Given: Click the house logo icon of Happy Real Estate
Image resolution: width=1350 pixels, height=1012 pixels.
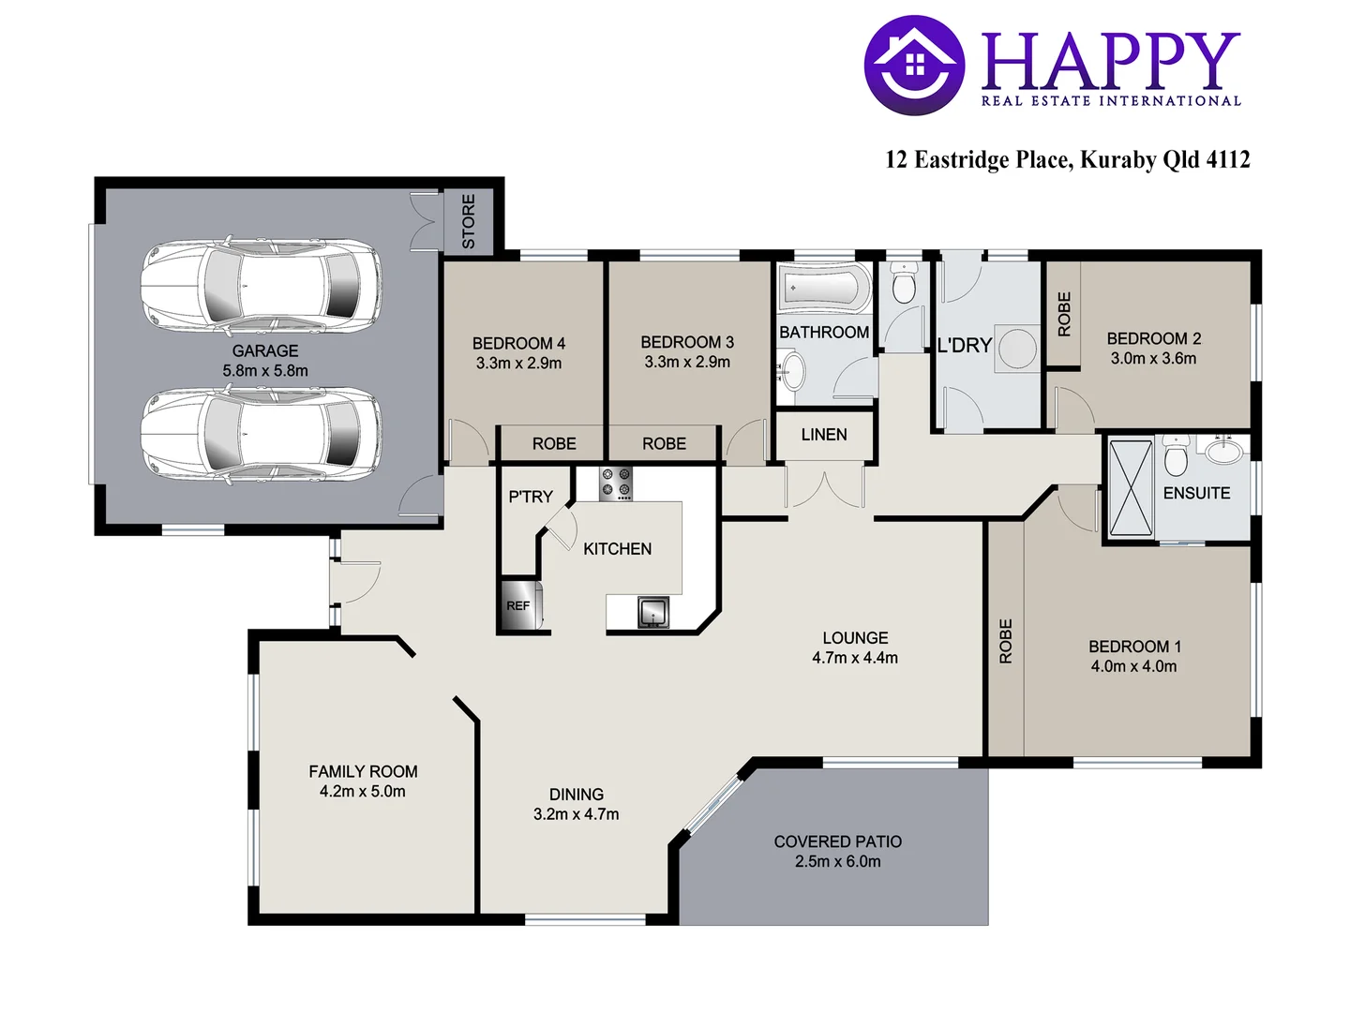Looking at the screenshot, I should tap(914, 65).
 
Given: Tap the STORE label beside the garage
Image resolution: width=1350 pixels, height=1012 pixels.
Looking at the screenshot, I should tap(469, 221).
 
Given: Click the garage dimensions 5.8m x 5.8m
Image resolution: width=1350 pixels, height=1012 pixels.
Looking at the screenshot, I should tap(265, 371).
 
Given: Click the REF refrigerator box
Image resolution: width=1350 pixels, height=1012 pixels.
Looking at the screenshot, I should tap(518, 606).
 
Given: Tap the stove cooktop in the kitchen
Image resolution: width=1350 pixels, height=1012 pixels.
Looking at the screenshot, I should tap(616, 484).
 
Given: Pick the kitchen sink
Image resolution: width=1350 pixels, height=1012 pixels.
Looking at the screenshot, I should tap(653, 612).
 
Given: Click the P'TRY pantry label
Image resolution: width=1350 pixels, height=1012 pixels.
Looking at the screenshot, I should tap(531, 497).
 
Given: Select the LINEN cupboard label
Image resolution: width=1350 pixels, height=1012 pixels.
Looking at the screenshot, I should tap(824, 435).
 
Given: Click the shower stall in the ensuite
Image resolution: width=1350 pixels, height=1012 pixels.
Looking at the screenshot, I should tap(1131, 488).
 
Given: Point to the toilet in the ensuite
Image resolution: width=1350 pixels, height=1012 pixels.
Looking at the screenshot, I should tap(1176, 457).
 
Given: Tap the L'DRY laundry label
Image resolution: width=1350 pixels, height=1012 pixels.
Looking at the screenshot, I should tap(965, 346).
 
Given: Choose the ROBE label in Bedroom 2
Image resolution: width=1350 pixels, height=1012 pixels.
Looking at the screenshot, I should tap(1064, 314).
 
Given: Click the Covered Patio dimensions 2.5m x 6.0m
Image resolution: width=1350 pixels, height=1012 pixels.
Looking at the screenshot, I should tap(838, 862).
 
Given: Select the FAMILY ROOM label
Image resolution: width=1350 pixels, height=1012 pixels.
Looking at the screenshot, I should tap(363, 771).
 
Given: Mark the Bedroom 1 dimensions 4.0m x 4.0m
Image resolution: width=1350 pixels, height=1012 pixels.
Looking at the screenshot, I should tap(1133, 667).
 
